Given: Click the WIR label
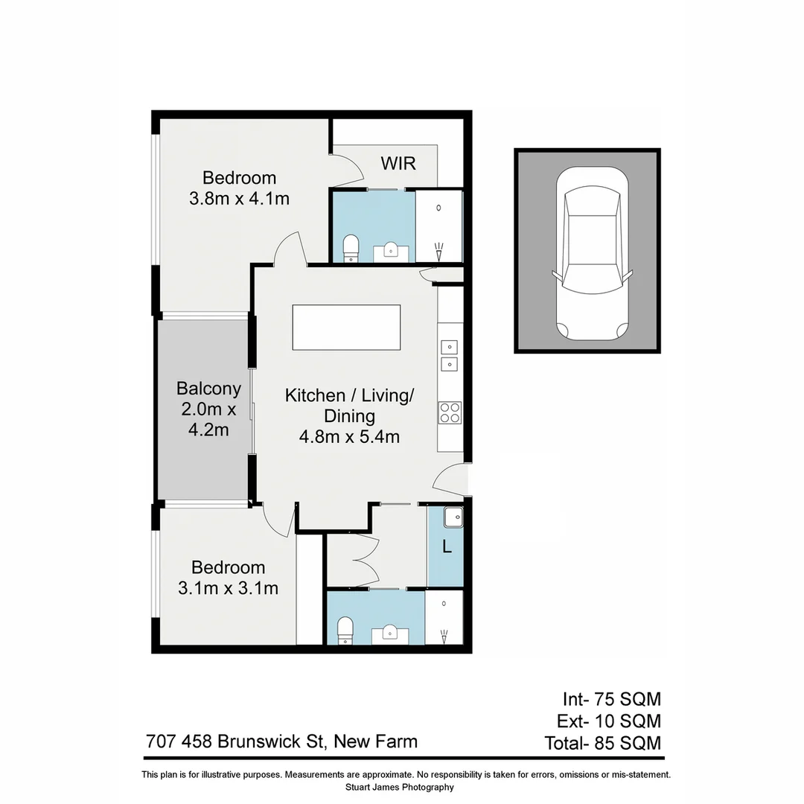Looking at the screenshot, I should pos(398,163).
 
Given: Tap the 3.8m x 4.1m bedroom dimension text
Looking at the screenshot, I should pos(239,199).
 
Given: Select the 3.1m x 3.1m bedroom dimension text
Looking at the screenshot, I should pos(228,588).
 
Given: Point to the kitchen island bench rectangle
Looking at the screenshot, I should pos(346,327).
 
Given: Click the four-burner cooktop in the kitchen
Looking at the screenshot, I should pos(450,412).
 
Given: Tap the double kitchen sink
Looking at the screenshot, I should pos(449,354).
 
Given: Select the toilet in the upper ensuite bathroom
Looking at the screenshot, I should pos(350,249).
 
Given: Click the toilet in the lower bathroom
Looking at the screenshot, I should pos(345,631).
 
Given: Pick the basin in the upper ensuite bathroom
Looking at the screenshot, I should pos(392,251).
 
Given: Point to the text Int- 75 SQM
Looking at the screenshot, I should pos(611,699).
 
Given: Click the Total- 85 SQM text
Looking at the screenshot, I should pos(602,742).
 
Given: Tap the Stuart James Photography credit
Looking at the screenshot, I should pos(400,787).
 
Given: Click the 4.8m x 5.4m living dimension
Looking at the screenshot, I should pos(349,437).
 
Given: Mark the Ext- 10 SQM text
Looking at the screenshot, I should pos(609,721).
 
